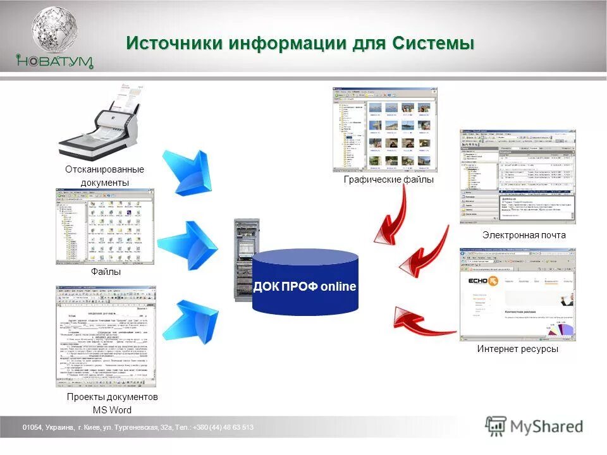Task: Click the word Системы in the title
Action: click(x=433, y=44)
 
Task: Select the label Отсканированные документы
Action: click(x=104, y=176)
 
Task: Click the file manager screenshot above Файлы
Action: click(x=105, y=226)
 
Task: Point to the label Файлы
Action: click(x=106, y=272)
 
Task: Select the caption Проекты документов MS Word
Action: click(x=112, y=403)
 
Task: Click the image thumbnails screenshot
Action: click(x=384, y=130)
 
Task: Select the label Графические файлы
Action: click(x=389, y=180)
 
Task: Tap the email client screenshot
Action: click(x=517, y=176)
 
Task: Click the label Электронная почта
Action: click(x=524, y=235)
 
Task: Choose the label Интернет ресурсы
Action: click(x=518, y=349)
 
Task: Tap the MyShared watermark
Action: click(x=535, y=427)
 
